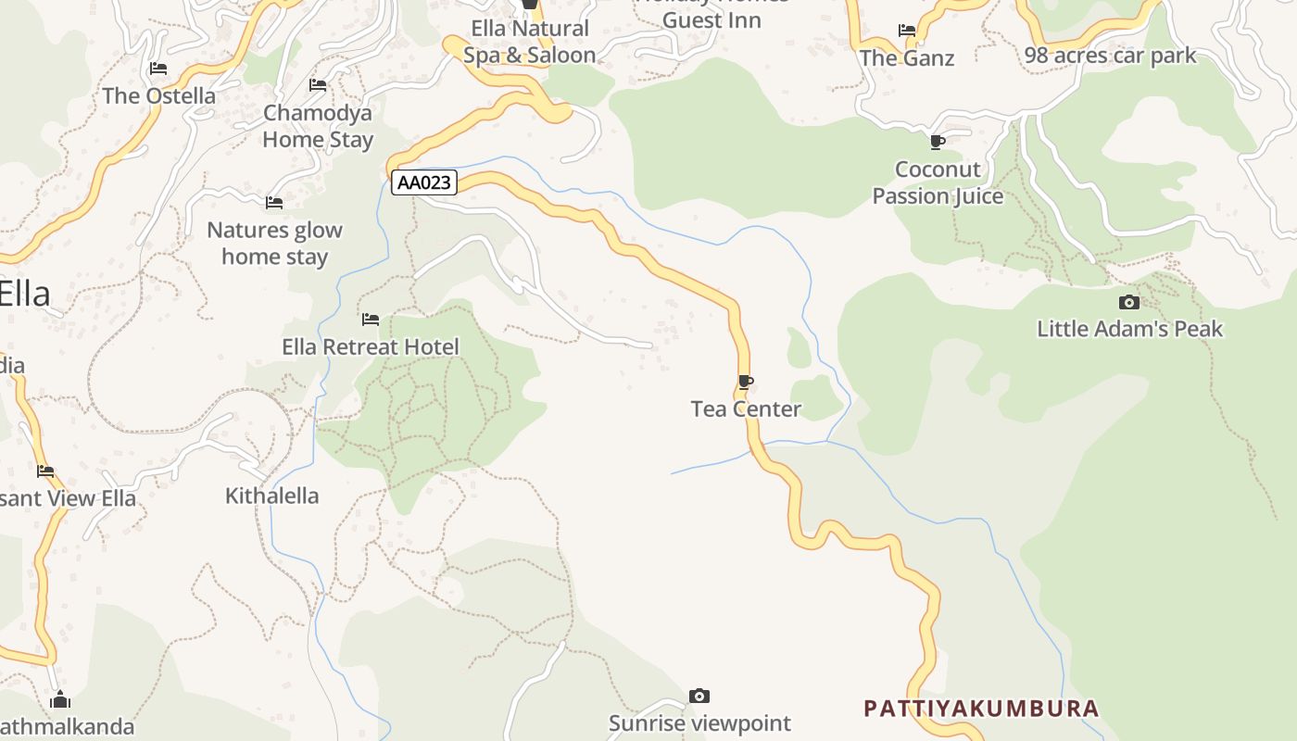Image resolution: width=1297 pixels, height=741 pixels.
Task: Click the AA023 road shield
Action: tap(424, 182)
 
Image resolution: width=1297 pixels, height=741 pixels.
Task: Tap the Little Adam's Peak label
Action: tap(1129, 329)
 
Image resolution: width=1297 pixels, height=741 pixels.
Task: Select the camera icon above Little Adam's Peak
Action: tap(1128, 302)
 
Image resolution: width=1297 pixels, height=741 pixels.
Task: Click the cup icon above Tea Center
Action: tap(745, 382)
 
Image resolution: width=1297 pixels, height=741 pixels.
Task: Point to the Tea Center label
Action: tap(746, 408)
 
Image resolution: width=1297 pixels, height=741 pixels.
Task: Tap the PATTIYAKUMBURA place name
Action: tap(981, 709)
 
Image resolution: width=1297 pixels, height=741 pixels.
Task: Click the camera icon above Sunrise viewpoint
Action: tap(699, 696)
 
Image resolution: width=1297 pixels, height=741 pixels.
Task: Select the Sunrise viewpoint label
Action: tap(699, 723)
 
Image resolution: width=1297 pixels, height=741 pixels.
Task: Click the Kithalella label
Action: tap(271, 496)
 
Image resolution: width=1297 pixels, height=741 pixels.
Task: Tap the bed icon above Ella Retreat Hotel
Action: tap(371, 320)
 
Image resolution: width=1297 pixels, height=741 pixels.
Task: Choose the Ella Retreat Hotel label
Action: tap(371, 347)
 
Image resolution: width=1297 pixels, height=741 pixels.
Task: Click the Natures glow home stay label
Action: tap(274, 243)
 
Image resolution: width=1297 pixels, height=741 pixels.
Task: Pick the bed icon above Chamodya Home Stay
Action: tap(318, 85)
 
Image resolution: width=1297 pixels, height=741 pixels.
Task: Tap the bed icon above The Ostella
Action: tap(158, 69)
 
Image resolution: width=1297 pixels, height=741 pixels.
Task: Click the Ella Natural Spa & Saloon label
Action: tap(529, 42)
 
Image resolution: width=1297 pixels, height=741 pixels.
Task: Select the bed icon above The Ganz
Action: tap(907, 31)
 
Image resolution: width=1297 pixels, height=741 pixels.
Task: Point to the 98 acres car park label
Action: tap(1110, 56)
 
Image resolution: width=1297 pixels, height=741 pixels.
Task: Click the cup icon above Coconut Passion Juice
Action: tap(938, 142)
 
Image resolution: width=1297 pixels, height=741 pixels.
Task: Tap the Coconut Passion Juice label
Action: tap(938, 182)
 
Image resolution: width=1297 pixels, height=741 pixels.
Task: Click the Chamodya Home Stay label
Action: tap(318, 126)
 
